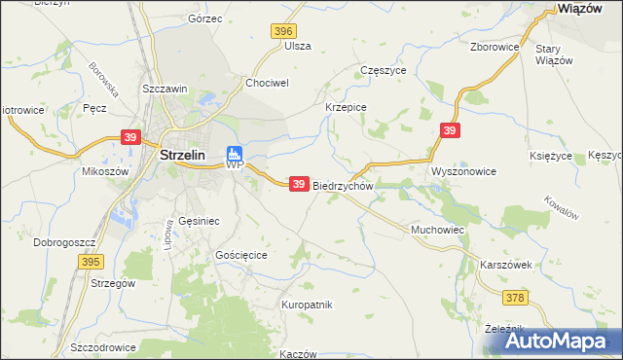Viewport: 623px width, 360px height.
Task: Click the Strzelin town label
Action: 187,154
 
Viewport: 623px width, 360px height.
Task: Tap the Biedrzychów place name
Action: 342,185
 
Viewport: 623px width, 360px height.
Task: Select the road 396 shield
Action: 283,32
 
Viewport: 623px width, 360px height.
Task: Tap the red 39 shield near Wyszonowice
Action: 449,130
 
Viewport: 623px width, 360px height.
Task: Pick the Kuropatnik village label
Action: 307,305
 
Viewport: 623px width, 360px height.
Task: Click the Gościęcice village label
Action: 247,254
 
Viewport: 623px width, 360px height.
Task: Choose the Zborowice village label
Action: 494,46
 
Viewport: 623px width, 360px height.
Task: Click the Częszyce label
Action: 384,71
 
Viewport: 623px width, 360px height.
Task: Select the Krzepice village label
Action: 345,107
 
